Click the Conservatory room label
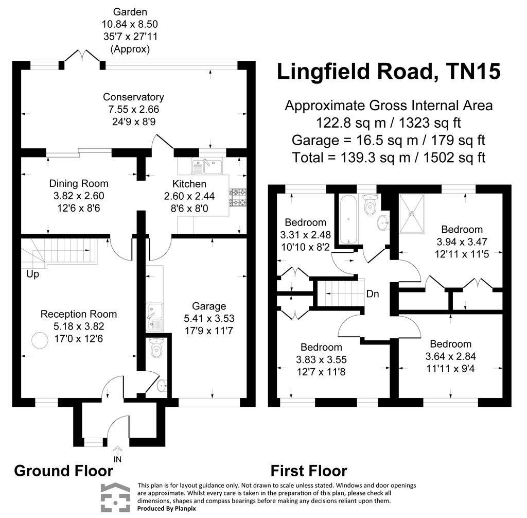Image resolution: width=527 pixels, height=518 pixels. click(133, 97)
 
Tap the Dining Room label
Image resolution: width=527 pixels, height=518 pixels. click(79, 183)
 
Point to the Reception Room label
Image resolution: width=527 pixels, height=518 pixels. click(79, 314)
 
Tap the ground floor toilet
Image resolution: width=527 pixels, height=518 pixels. click(156, 349)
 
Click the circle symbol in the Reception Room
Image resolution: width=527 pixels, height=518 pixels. click(39, 340)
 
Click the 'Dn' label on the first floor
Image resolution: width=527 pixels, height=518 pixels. click(373, 294)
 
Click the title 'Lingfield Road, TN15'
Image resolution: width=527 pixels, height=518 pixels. click(389, 72)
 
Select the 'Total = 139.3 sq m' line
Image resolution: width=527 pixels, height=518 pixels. click(389, 157)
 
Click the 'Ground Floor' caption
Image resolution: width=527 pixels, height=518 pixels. click(63, 471)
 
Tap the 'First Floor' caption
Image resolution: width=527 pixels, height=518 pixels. click(309, 471)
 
